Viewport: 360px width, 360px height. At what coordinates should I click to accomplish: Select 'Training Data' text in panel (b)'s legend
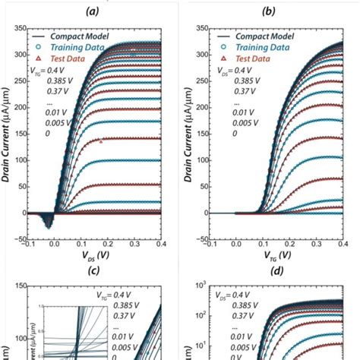tap(261, 46)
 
